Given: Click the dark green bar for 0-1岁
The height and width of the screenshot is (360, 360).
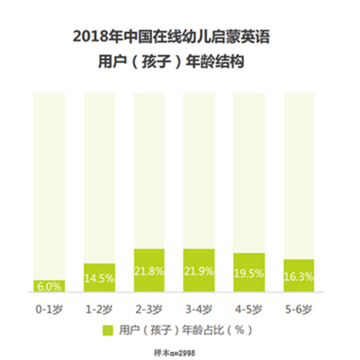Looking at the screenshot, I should click(x=49, y=286).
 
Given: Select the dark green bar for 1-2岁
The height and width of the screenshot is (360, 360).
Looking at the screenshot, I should click(x=99, y=277).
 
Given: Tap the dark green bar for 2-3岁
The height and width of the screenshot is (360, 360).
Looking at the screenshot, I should click(x=149, y=270).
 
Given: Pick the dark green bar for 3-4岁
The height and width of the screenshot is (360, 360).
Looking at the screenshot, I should click(x=199, y=270).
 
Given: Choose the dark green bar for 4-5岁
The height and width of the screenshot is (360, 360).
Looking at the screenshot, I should click(x=249, y=272).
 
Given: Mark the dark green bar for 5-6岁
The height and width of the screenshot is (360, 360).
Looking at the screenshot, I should click(x=299, y=275).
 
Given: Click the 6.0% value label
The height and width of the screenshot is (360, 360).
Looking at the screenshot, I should click(x=49, y=287).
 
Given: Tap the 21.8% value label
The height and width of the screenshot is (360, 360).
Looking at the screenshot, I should click(x=149, y=271).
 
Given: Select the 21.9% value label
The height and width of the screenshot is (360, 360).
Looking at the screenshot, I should click(x=199, y=271).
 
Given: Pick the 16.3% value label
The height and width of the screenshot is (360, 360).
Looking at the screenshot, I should click(x=299, y=278).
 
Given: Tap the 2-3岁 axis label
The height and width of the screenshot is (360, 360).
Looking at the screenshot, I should click(x=149, y=310).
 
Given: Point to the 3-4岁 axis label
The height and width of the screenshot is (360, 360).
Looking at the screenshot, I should click(x=199, y=310).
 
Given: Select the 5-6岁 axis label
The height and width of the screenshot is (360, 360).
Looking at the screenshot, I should click(x=299, y=310).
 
